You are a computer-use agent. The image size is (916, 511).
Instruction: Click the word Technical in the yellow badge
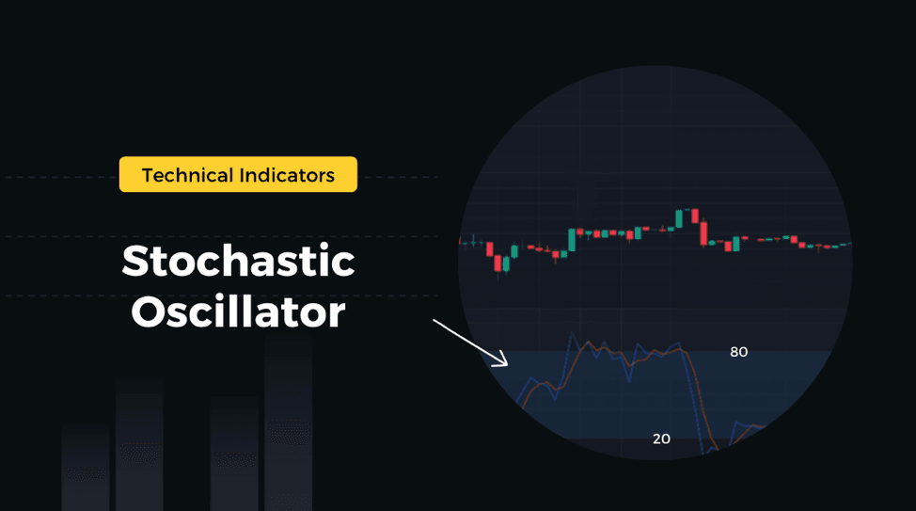[187, 175]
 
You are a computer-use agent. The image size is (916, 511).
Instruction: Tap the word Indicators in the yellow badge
[287, 175]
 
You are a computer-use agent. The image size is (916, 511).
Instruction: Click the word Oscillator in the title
[238, 311]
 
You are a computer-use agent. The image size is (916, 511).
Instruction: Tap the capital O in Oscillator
[149, 312]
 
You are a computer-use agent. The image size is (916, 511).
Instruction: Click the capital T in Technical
[149, 175]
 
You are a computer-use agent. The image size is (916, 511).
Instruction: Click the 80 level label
[738, 352]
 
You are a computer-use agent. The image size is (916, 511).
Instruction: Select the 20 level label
[661, 439]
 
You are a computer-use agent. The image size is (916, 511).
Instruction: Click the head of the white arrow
[506, 364]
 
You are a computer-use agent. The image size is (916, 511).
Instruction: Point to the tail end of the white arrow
[434, 320]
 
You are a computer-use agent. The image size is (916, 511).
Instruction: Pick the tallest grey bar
[288, 423]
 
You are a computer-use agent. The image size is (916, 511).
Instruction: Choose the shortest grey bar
[86, 468]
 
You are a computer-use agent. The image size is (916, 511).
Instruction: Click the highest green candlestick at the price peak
[679, 218]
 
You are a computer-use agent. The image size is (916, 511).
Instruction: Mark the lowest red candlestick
[497, 263]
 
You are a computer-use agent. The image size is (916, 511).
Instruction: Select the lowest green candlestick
[506, 264]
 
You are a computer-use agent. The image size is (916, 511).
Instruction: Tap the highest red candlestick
[695, 216]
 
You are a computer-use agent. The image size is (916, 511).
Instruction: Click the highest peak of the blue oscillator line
[572, 333]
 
